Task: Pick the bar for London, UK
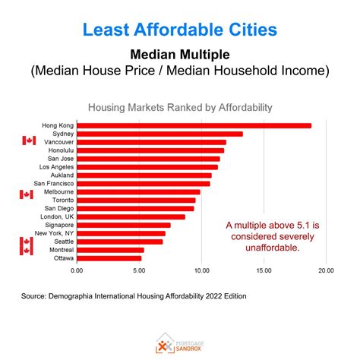click(131, 216)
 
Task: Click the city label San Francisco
click(53, 183)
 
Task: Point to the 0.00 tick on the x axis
click(77, 270)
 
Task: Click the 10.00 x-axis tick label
click(201, 270)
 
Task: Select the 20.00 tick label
click(326, 270)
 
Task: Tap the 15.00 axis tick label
click(264, 270)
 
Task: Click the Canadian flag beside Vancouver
click(29, 141)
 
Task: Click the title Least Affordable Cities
click(179, 30)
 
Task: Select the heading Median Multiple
click(179, 55)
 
